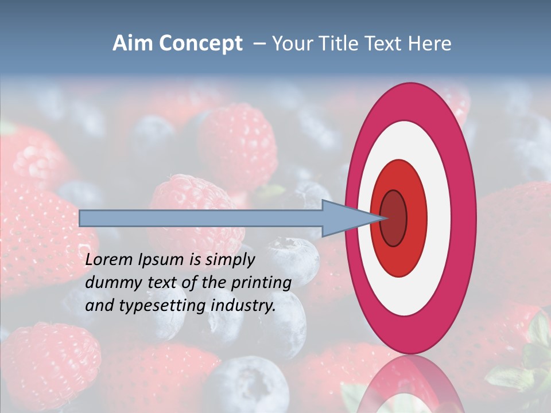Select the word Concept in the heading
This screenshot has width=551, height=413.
click(201, 44)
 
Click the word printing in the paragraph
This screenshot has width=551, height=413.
click(261, 283)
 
